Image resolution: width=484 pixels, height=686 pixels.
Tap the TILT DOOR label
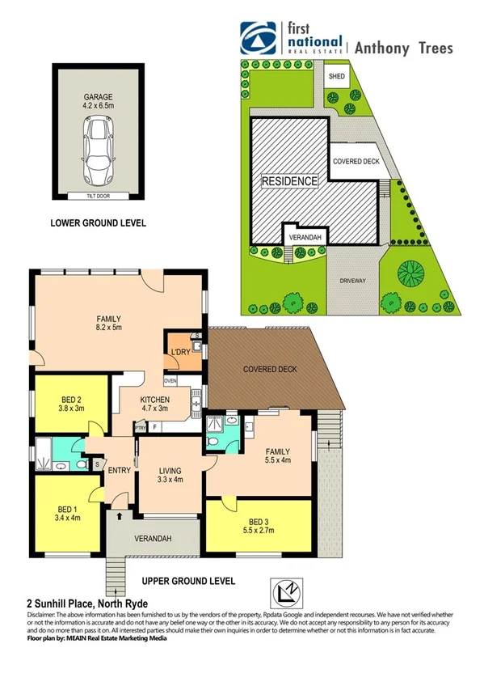tap(99, 196)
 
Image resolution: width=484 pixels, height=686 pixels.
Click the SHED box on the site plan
tap(337, 77)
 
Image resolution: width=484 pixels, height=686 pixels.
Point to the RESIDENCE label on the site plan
tap(289, 181)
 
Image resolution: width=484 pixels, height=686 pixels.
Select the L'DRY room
tap(179, 353)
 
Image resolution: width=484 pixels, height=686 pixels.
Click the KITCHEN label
tap(154, 400)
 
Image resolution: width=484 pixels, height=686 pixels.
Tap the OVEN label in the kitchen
tap(170, 380)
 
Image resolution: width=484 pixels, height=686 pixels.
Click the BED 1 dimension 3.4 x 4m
tap(67, 517)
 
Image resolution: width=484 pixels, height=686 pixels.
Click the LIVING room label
tap(170, 470)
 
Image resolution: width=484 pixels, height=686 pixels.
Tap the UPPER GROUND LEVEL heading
tap(188, 581)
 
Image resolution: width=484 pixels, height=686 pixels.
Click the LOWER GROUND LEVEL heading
tap(98, 222)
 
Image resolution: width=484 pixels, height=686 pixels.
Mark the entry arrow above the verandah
tap(120, 514)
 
